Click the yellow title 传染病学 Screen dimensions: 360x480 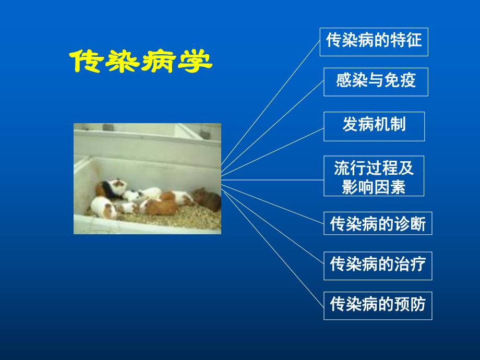coord(141,62)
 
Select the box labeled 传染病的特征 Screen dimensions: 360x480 coord(374,42)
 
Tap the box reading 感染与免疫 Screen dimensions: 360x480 coord(376,82)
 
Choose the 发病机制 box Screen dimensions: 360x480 coord(374,126)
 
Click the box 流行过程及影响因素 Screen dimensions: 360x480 coord(374,176)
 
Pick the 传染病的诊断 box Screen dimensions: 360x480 coord(378,224)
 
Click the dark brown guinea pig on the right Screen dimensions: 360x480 coord(207,199)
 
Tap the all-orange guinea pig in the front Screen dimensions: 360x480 coord(161,207)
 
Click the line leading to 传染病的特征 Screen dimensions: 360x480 coord(271,104)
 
